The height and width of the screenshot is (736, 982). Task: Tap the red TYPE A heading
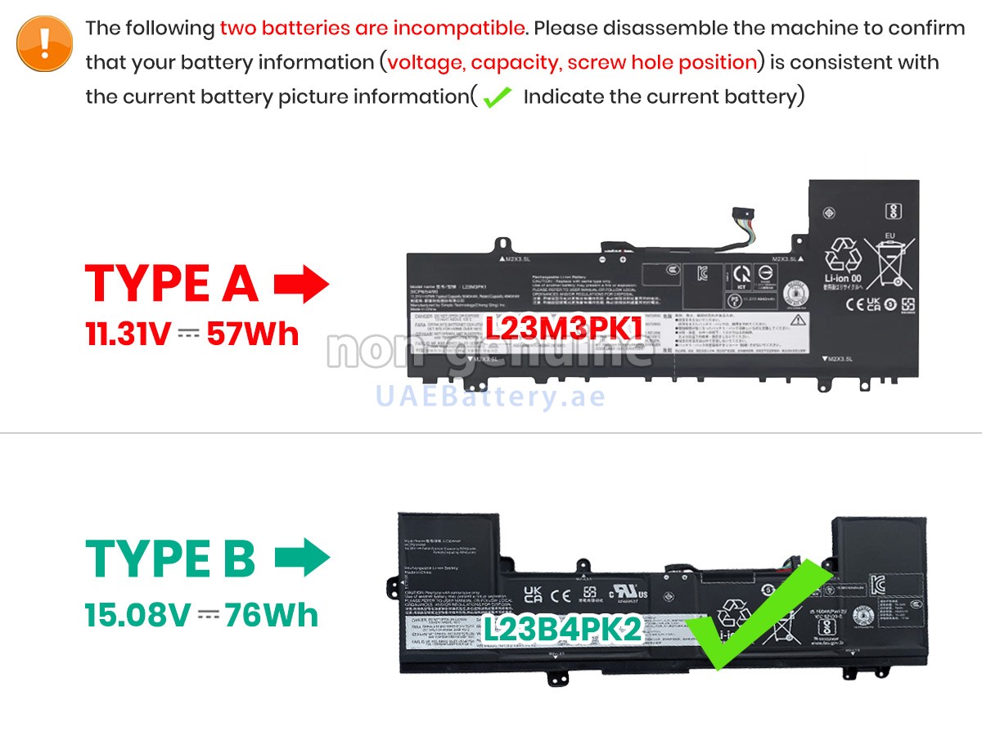(x=171, y=284)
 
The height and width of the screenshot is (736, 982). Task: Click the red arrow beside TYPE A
(x=301, y=284)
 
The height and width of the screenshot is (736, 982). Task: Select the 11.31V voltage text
(x=128, y=334)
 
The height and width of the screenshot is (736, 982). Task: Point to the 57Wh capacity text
(x=253, y=334)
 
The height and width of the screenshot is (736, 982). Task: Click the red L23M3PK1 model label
(x=562, y=329)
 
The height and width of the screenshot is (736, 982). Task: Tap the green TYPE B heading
(x=170, y=559)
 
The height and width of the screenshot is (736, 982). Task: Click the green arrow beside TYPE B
(x=302, y=559)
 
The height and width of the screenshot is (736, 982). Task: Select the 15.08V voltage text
(x=137, y=615)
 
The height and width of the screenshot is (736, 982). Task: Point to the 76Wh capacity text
(x=272, y=615)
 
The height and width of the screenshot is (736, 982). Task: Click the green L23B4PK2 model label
(x=561, y=629)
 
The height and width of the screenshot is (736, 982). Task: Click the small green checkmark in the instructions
(x=497, y=99)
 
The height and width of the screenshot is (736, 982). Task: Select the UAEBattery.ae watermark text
(x=490, y=397)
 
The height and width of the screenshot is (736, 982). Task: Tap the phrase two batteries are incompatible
(x=372, y=28)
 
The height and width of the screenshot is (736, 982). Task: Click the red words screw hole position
(x=662, y=62)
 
